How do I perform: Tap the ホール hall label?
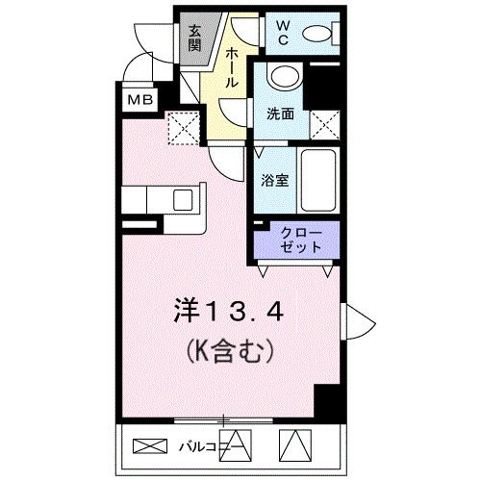click(231, 68)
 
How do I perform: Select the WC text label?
click(287, 33)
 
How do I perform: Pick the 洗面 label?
click(282, 114)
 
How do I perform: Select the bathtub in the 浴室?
click(316, 182)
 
